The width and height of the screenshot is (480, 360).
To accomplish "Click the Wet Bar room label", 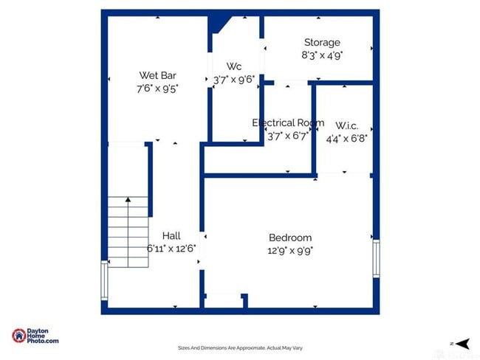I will click(x=157, y=75).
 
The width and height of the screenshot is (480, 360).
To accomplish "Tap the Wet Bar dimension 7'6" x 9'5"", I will click(x=157, y=88).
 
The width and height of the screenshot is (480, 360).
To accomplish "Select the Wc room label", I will click(x=234, y=66).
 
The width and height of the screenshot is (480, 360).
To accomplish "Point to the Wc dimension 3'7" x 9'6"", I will click(x=234, y=79).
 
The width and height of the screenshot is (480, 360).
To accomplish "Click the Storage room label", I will click(x=322, y=43).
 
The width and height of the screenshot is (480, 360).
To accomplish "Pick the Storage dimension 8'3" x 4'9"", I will click(x=322, y=55).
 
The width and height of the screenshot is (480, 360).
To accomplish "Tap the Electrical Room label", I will click(x=288, y=122).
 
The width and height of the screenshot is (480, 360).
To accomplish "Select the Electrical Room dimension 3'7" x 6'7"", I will click(x=288, y=135).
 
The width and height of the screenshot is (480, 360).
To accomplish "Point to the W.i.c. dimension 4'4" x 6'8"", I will click(x=347, y=136).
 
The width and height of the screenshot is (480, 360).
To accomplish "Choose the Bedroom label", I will click(x=290, y=238).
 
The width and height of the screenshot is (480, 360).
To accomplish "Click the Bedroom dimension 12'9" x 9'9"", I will click(x=290, y=250).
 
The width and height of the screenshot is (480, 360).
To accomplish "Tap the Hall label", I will click(x=171, y=236).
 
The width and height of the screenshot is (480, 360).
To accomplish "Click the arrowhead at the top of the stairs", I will click(x=128, y=198).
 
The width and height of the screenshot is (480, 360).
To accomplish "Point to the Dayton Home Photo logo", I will click(x=35, y=336).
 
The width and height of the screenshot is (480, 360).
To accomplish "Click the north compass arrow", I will click(x=462, y=343).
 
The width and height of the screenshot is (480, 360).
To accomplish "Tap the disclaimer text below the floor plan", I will click(x=240, y=348).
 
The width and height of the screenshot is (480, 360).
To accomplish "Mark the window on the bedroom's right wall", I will click(x=376, y=258).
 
